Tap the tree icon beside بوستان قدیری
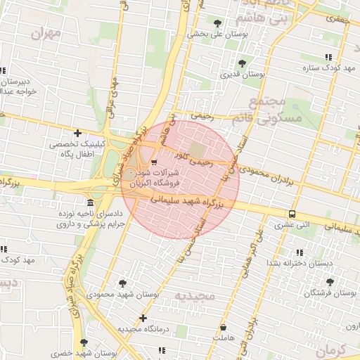(x=243, y=63)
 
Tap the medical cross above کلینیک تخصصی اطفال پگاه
(x=77, y=133)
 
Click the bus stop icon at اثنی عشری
(x=291, y=214)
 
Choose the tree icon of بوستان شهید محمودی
(x=123, y=283)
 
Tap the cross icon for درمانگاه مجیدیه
(x=143, y=318)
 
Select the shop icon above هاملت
(x=224, y=328)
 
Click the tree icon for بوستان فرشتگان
(x=330, y=281)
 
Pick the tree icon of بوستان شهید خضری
(x=84, y=342)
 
